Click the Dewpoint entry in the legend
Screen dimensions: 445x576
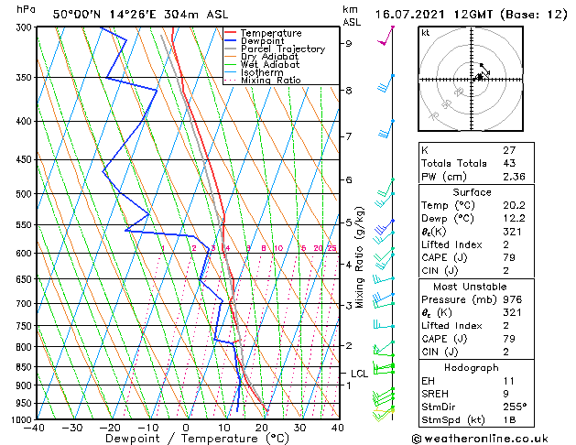[260, 40]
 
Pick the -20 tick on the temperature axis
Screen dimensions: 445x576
[110, 428]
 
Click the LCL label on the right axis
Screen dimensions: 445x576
[359, 374]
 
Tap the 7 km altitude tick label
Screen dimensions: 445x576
[348, 136]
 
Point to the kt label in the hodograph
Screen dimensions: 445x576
[425, 33]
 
